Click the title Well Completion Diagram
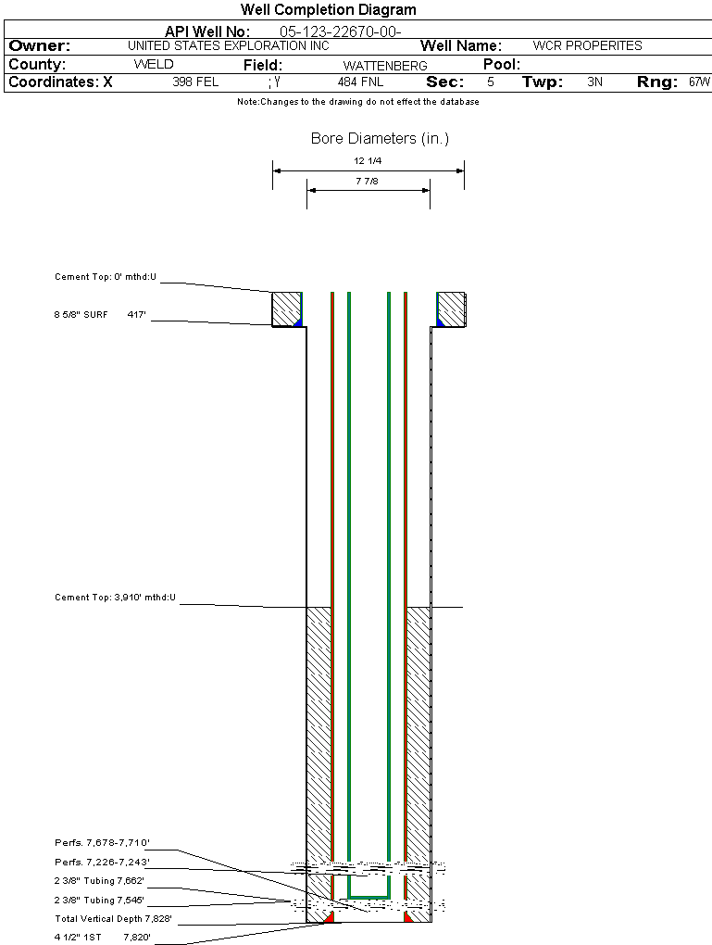click(329, 10)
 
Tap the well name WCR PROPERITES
click(587, 45)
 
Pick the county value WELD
click(154, 65)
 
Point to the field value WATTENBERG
click(385, 66)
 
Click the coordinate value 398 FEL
click(195, 82)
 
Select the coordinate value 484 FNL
click(360, 82)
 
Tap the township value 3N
click(594, 82)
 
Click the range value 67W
click(699, 82)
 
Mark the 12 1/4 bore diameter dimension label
click(368, 161)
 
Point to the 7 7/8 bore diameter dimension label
click(368, 182)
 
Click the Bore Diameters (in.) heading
click(380, 139)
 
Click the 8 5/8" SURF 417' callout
click(102, 315)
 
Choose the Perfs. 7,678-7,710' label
click(102, 843)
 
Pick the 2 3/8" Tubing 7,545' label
click(99, 900)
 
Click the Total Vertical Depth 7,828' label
click(114, 919)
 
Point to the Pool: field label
click(503, 65)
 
